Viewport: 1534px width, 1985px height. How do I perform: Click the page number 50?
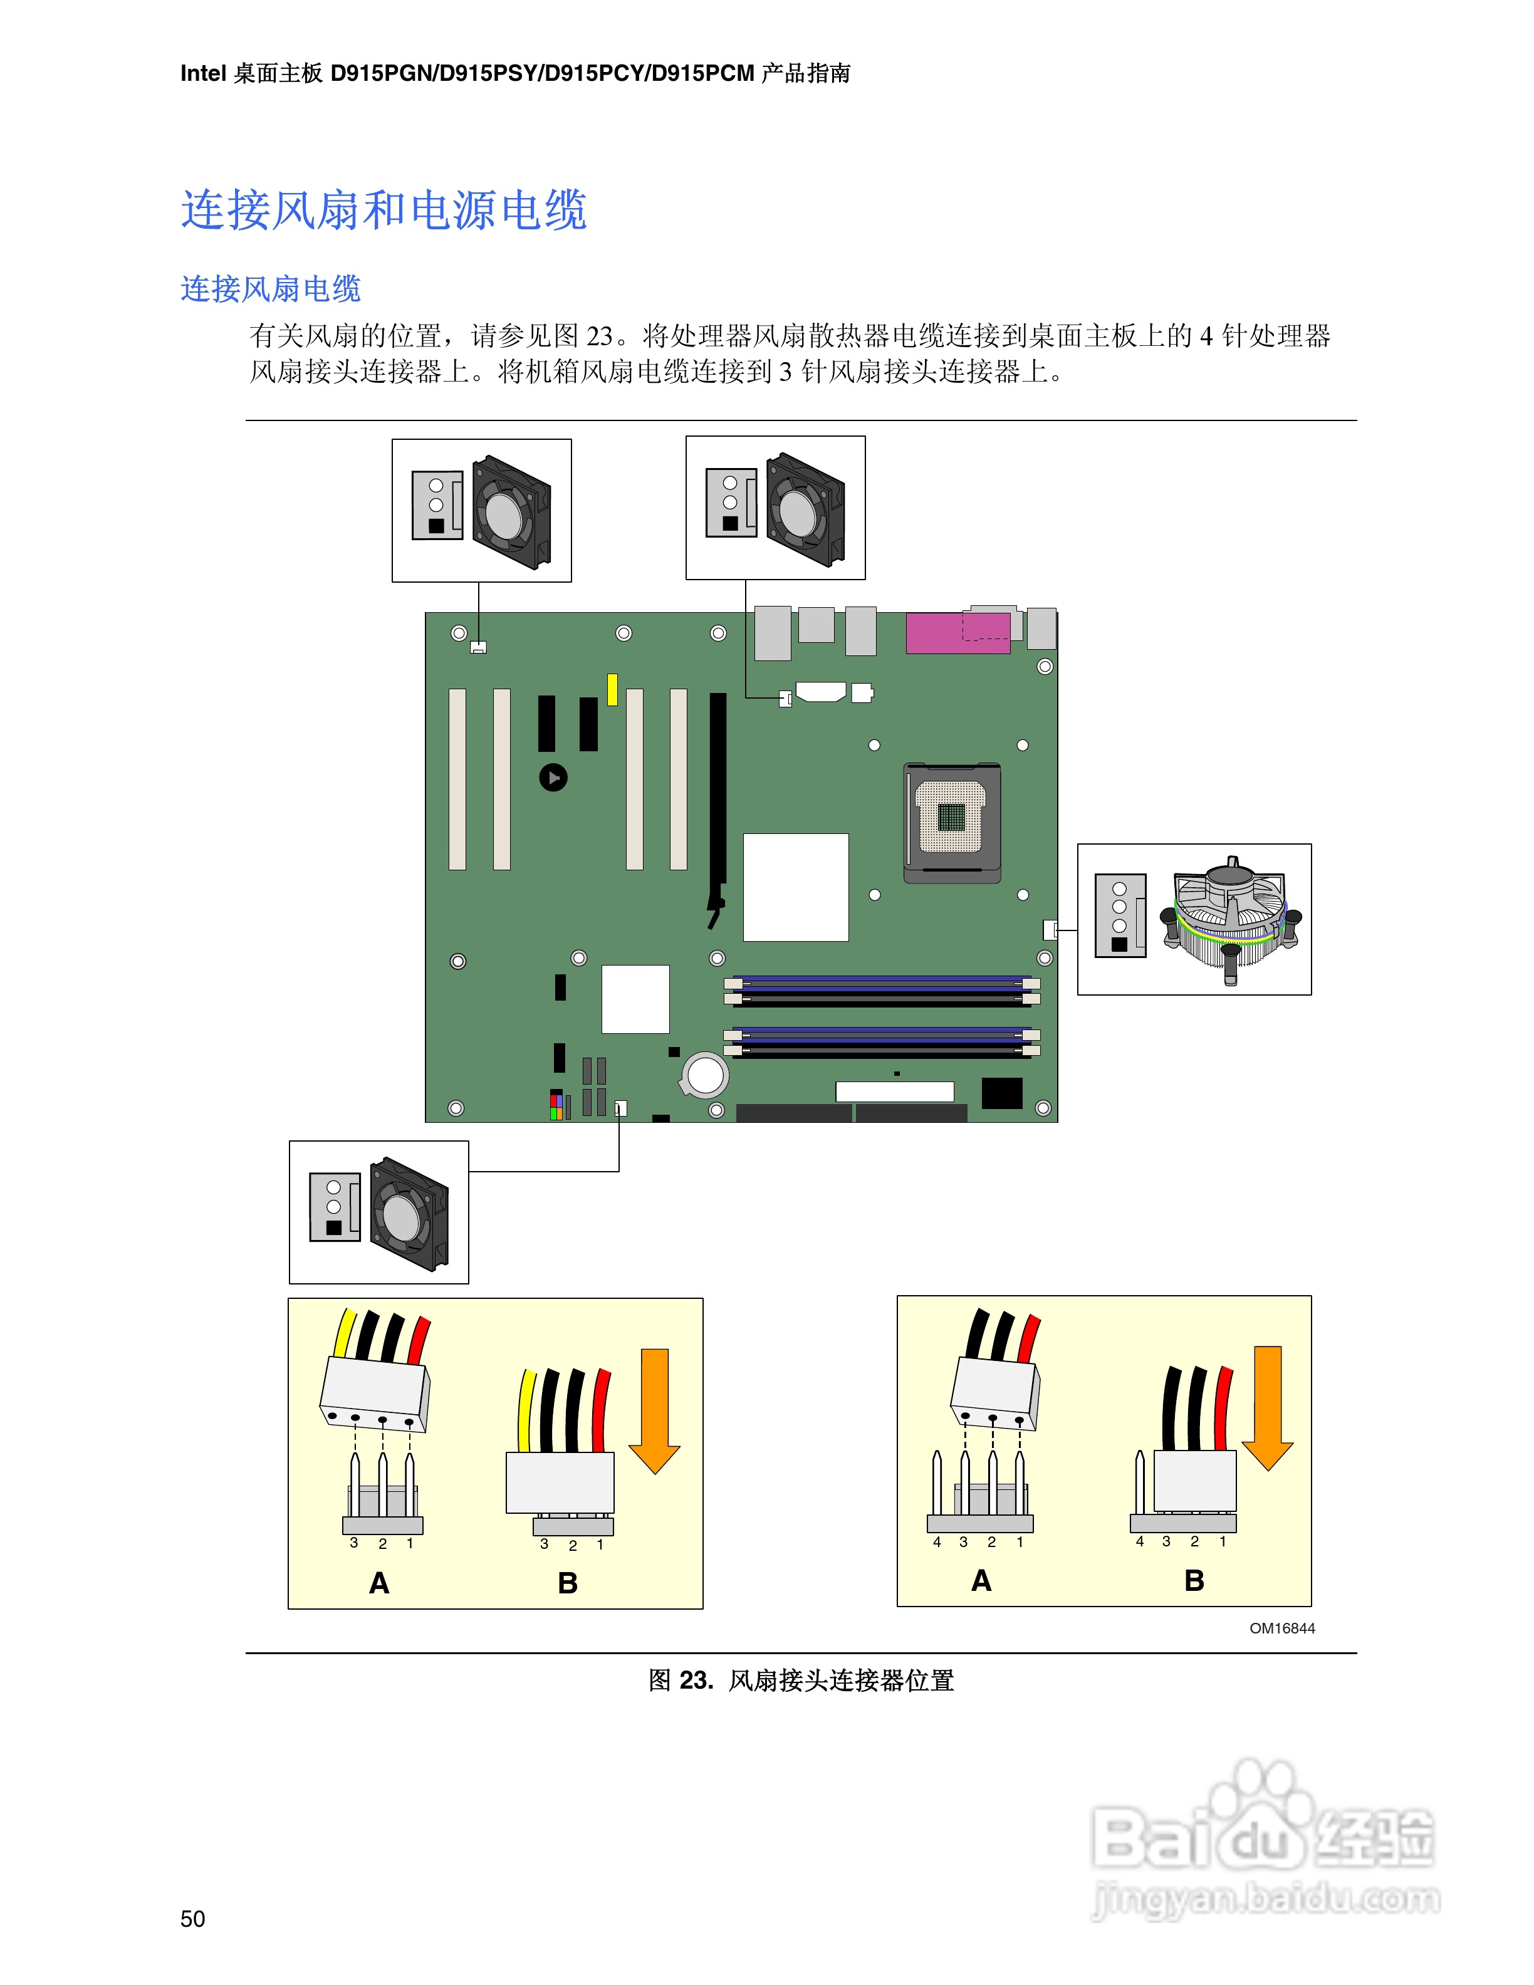pyautogui.click(x=192, y=1918)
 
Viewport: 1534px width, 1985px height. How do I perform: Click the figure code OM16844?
pyautogui.click(x=1281, y=1628)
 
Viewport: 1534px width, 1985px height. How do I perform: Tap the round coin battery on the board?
pyautogui.click(x=705, y=1075)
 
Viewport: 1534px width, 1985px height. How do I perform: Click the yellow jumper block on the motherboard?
pyautogui.click(x=612, y=689)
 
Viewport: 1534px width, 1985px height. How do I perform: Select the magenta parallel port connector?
pyautogui.click(x=957, y=633)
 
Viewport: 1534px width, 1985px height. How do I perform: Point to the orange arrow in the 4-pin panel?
pyautogui.click(x=1267, y=1407)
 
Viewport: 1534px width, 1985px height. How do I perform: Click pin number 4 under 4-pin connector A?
pyautogui.click(x=937, y=1541)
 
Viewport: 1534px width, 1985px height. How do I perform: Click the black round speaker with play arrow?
pyautogui.click(x=553, y=777)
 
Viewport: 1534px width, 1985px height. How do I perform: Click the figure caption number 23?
pyautogui.click(x=695, y=1680)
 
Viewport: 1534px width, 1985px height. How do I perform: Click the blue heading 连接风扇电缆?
pyautogui.click(x=271, y=289)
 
